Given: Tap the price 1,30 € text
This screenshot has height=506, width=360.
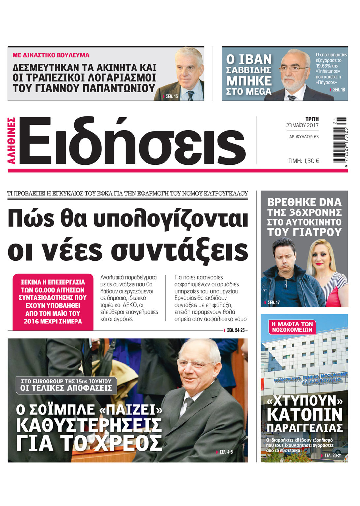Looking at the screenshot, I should pos(304,161).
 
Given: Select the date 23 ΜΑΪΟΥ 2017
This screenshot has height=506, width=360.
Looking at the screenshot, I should pos(302,125).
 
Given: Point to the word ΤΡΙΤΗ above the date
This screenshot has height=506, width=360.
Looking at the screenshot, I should pos(312,119).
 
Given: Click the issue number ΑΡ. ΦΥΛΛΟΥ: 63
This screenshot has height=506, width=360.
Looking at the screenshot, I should pos(304,136).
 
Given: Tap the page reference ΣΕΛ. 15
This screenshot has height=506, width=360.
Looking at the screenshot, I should pos(172,96).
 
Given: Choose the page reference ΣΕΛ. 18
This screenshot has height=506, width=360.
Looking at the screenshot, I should pos(339,90).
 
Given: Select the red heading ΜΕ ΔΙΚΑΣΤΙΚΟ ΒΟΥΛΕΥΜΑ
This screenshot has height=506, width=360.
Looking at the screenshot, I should pos(51,55).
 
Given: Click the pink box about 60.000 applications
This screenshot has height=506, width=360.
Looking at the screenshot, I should pos(53,302).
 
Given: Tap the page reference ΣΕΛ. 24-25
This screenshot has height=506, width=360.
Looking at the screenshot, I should pos(235,330).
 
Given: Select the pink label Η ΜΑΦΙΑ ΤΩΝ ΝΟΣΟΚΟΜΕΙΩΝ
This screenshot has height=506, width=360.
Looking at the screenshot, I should pos(292,326).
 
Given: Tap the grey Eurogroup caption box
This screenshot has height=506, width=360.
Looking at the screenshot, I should pos(66,385).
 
